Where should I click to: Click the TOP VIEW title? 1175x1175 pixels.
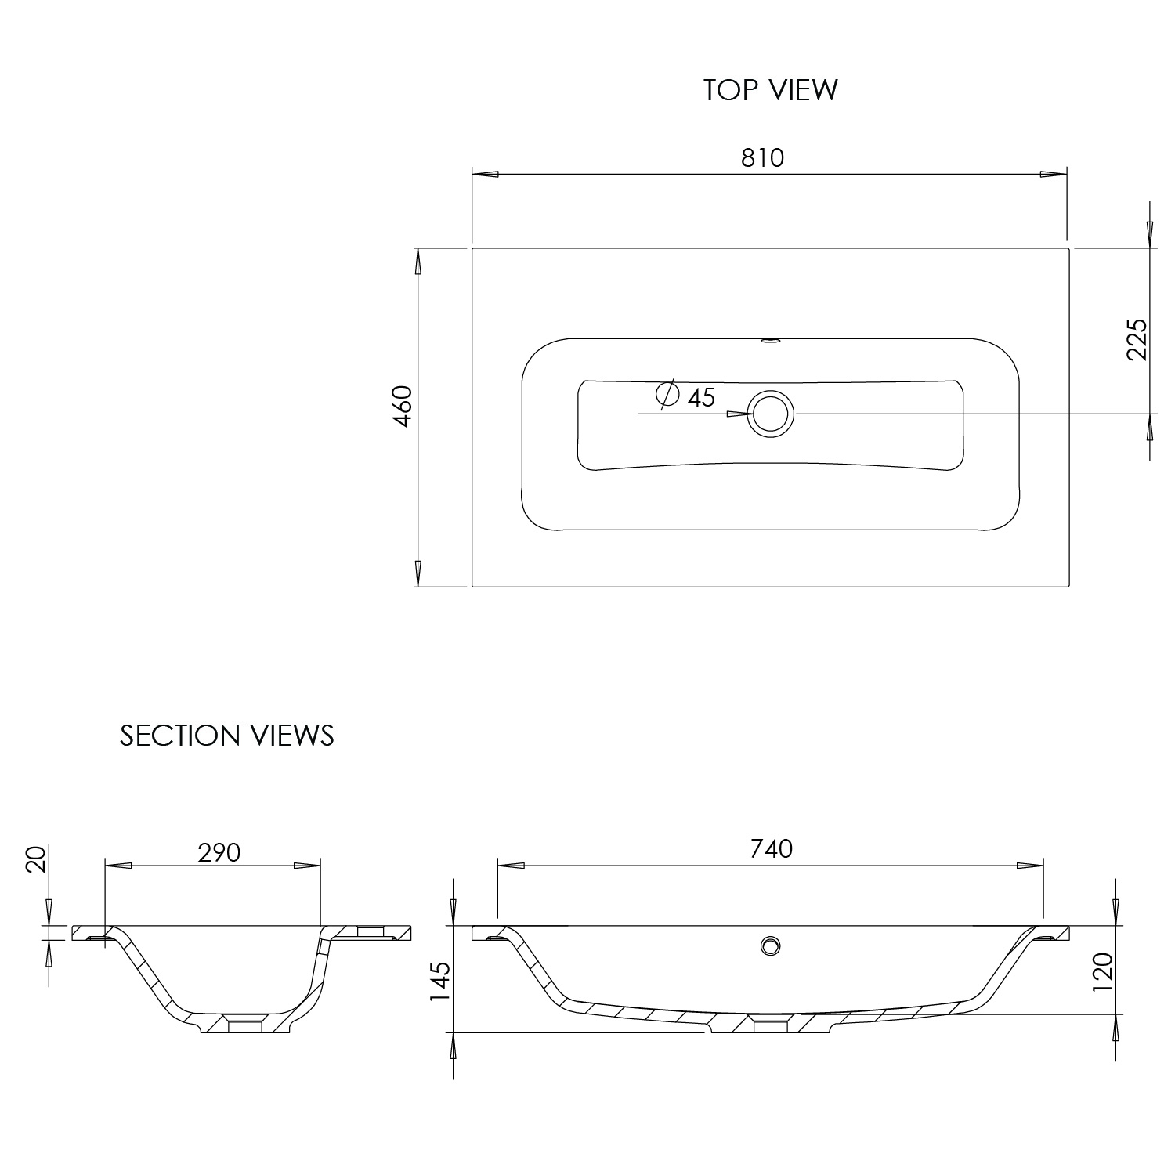point(770,90)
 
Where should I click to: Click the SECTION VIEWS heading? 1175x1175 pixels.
point(227,736)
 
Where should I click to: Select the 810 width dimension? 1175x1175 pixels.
point(762,157)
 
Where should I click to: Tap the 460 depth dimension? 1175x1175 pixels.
point(402,406)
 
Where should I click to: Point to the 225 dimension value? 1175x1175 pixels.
point(1137,339)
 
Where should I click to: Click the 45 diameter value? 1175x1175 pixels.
point(701,398)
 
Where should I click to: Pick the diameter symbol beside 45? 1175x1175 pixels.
point(667,394)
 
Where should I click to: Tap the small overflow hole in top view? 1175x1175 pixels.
point(770,341)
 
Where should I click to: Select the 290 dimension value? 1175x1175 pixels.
point(219,852)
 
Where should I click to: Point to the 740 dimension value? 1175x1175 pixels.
point(772,848)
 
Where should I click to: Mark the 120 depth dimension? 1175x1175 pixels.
point(1102,971)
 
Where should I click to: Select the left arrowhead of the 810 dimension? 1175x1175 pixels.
point(486,175)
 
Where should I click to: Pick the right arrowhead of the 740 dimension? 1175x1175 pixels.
point(1030,866)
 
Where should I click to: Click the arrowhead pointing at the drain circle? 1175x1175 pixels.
point(738,414)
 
